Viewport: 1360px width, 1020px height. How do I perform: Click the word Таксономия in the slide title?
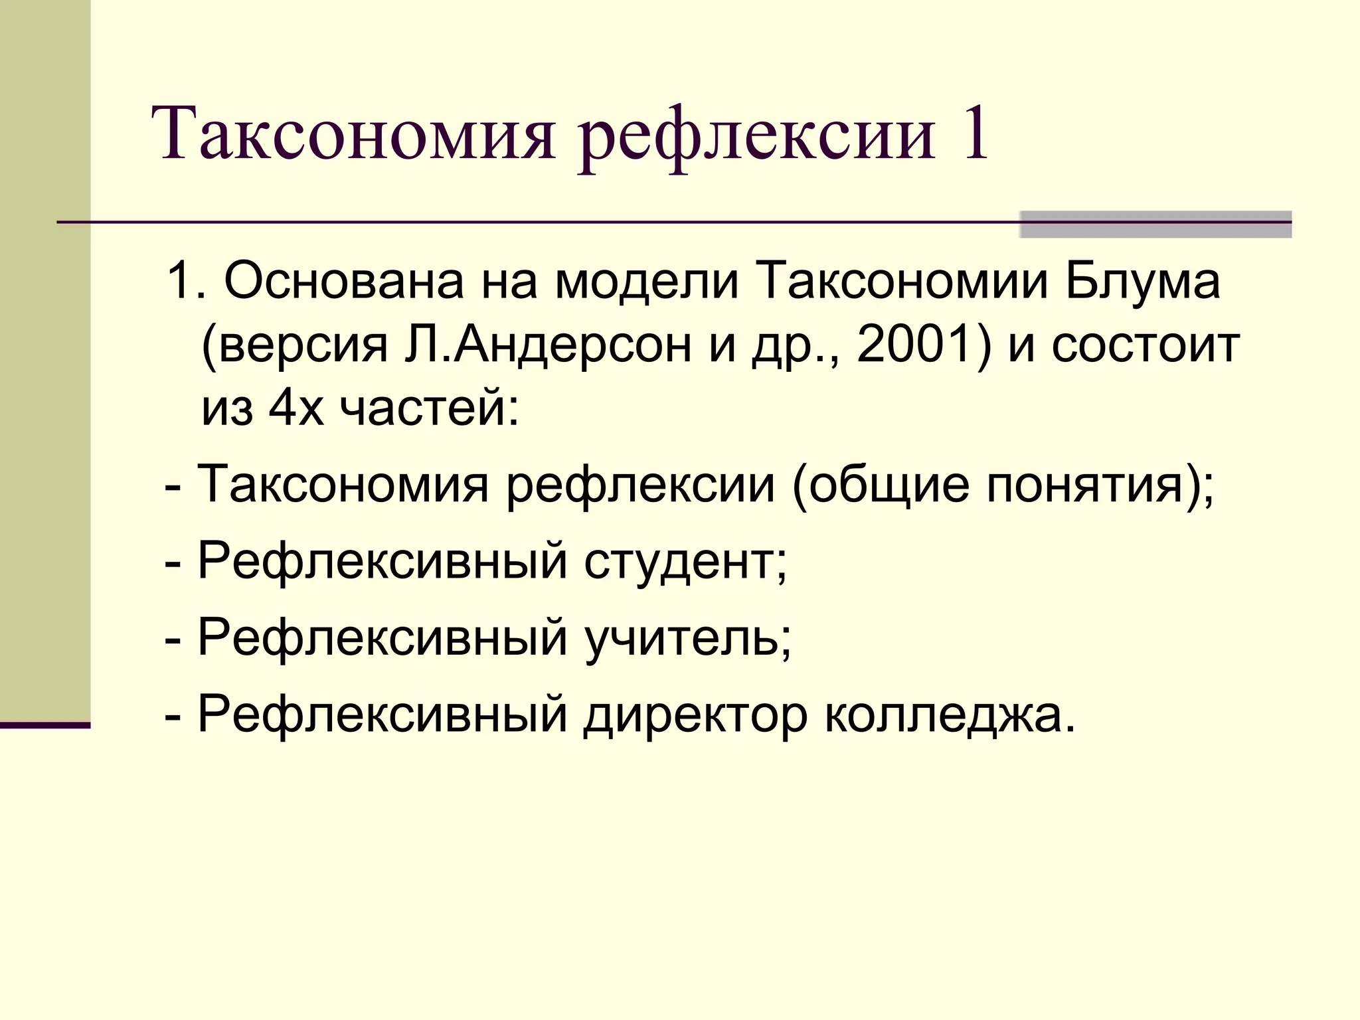pyautogui.click(x=355, y=133)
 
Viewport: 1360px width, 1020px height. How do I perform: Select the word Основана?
pyautogui.click(x=343, y=282)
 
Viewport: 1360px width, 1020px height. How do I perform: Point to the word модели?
pyautogui.click(x=647, y=282)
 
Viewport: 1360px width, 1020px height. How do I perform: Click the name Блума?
pyautogui.click(x=1143, y=282)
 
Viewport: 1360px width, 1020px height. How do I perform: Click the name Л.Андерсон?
pyautogui.click(x=548, y=345)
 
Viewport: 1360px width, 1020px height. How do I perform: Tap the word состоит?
pyautogui.click(x=1145, y=345)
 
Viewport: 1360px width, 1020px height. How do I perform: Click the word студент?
pyautogui.click(x=684, y=561)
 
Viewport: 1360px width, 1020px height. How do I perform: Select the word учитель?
pyautogui.click(x=687, y=637)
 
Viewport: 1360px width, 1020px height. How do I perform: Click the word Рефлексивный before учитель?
pyautogui.click(x=382, y=637)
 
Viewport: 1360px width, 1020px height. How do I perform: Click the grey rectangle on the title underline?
pyautogui.click(x=1155, y=224)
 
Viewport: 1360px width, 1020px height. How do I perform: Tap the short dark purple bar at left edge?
pyautogui.click(x=44, y=725)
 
